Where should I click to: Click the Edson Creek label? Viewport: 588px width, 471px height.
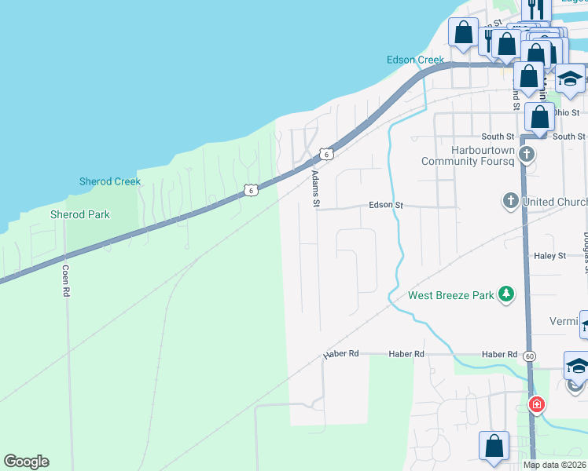(415, 60)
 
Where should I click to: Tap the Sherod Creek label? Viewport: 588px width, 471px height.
(110, 181)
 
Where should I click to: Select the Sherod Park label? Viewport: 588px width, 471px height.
(80, 214)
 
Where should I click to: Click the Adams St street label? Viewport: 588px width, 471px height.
(316, 189)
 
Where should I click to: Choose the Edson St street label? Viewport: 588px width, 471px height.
(386, 205)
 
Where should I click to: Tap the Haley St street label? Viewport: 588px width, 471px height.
(549, 256)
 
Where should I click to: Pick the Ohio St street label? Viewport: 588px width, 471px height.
(570, 112)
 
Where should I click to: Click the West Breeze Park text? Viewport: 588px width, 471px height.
(450, 295)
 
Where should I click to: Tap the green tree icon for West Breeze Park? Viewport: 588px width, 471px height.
(507, 294)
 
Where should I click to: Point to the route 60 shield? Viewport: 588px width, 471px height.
(531, 356)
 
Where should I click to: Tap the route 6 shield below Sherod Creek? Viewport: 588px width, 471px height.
(249, 190)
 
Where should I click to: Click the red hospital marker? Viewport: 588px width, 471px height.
(536, 404)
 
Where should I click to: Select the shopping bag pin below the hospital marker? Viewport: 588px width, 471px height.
(494, 446)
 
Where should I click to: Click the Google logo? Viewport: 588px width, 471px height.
(26, 462)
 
